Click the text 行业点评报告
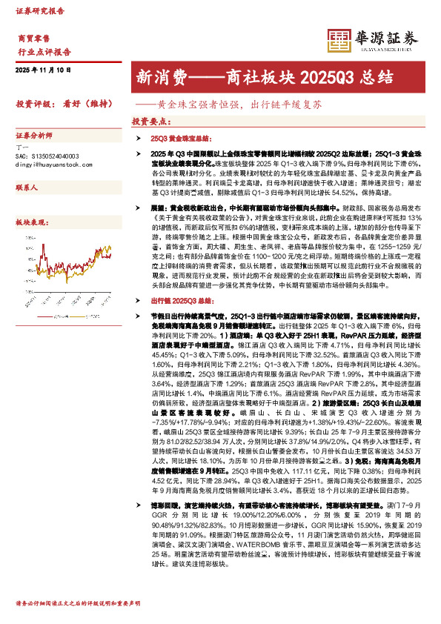tap(44, 52)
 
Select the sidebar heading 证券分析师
tap(34, 136)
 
